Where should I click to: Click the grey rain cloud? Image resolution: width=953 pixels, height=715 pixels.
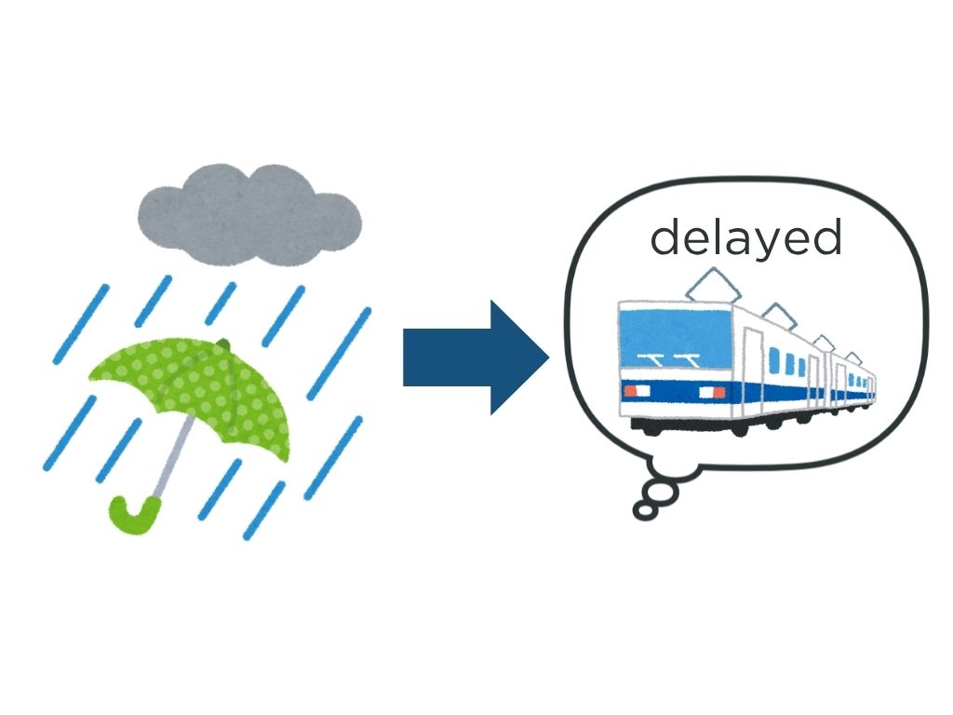point(249,212)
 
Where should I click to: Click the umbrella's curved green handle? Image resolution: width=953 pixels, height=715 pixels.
point(130,515)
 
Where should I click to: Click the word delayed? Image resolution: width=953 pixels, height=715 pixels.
point(745,238)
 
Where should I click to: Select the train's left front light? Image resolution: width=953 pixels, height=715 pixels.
point(632,391)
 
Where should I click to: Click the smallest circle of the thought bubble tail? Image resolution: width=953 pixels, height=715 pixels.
point(642,510)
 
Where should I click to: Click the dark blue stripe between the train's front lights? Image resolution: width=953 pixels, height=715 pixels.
point(675,392)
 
